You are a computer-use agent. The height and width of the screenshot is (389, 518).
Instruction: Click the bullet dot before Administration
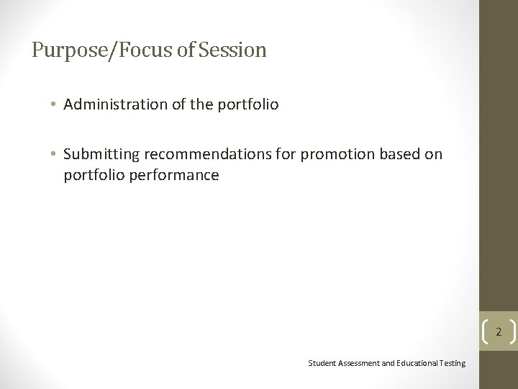pos(54,104)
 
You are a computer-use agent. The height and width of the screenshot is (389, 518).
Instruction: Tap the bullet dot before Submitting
pos(54,154)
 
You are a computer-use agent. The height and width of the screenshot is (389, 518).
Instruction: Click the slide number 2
pos(497,332)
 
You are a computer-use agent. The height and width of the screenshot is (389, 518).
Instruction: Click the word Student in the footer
pos(322,363)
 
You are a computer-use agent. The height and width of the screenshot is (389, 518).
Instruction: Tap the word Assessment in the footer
pos(358,363)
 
